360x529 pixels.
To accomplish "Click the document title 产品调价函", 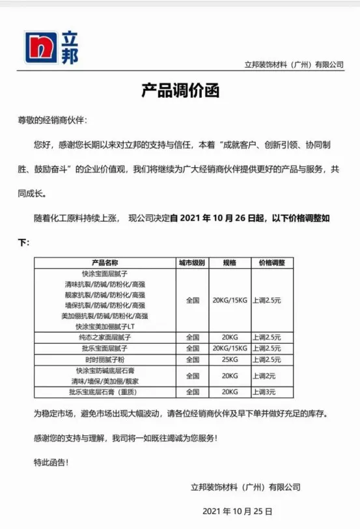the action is click(180, 90).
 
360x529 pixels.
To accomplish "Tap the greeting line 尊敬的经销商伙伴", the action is click(51, 120).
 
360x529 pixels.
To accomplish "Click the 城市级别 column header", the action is click(192, 263).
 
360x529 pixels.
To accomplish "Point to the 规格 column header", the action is click(229, 263).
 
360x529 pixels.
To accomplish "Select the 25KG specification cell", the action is click(229, 359).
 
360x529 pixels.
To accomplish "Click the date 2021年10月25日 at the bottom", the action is click(238, 511).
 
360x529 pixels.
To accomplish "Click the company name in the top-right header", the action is click(294, 64).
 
